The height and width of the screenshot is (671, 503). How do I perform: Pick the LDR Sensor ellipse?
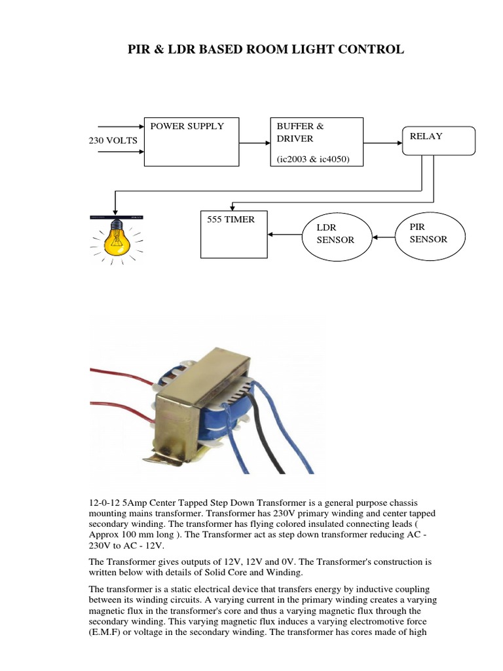[x=336, y=235]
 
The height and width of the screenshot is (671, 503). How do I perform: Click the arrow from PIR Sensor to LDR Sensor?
[x=383, y=235]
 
